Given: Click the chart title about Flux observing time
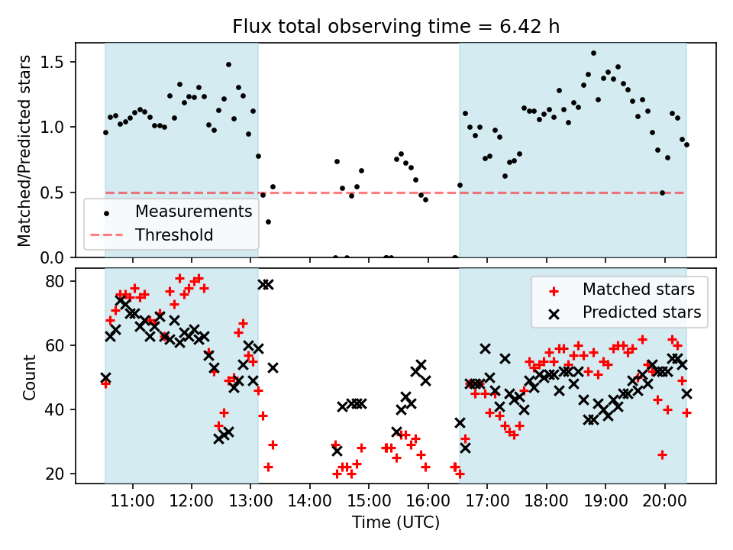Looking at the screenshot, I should coord(396,27).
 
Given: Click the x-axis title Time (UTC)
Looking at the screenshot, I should coord(396,523).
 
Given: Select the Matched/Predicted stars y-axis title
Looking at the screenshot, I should coord(24,150).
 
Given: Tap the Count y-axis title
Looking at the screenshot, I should coord(29,377).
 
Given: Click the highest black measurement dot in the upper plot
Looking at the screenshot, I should coord(593,53).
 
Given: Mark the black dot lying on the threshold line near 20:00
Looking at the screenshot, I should coord(662,192).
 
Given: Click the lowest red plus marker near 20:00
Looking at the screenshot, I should coord(662,455).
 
